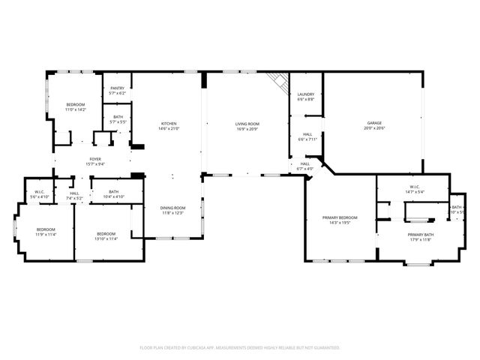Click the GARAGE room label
[x=373, y=122]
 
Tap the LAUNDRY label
[x=305, y=94]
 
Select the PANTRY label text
[x=118, y=88]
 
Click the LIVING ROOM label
[x=247, y=124]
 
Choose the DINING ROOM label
[x=172, y=207]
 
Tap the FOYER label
[x=95, y=159]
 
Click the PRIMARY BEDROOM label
[x=340, y=217]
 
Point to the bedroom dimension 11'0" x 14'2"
[x=76, y=109]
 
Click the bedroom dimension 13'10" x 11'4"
[x=106, y=239]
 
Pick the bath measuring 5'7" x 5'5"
[x=118, y=121]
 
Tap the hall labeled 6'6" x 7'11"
[x=305, y=139]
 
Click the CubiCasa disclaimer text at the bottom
[x=240, y=347]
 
